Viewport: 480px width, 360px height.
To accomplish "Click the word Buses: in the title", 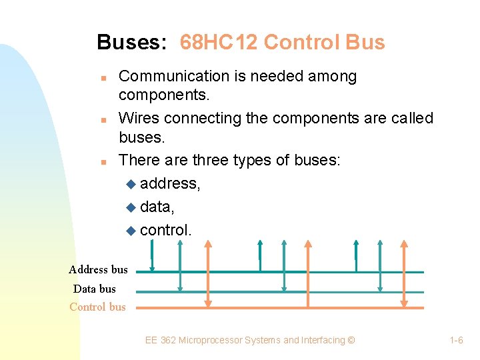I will [x=131, y=43].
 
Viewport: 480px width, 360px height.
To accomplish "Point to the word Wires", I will [x=139, y=118].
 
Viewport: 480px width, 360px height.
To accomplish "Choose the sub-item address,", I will [x=171, y=183].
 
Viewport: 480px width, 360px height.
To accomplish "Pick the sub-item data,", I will [x=157, y=207].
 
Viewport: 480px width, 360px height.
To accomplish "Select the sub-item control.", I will [x=166, y=230].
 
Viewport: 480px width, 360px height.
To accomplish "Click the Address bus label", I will [x=98, y=270].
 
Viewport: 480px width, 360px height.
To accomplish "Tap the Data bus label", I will [x=94, y=289].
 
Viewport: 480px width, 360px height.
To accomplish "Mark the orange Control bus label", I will [x=97, y=307].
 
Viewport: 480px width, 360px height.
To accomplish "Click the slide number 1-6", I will [x=457, y=340].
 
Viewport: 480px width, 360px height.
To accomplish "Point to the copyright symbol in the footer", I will [x=351, y=340].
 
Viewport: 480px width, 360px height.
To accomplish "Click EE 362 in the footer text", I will [x=161, y=340].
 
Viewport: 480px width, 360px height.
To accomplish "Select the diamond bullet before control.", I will [x=130, y=231].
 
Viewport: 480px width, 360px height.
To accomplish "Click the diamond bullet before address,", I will [x=130, y=184].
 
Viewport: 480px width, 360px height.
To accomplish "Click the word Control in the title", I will [x=301, y=43].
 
